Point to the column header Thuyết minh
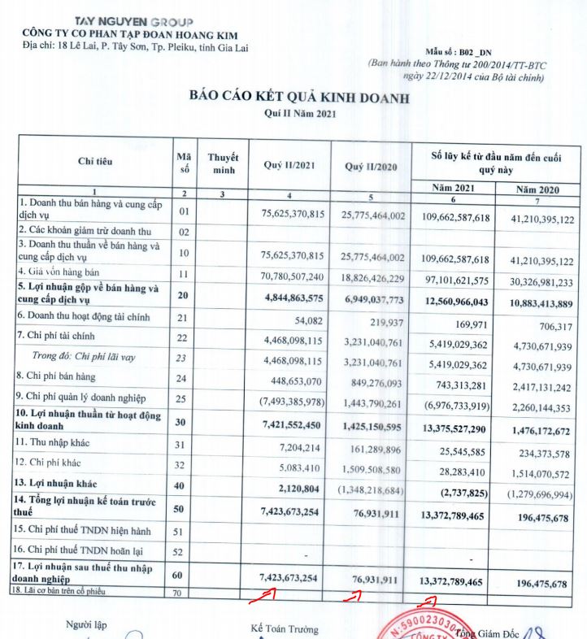[x=223, y=163]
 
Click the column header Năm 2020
[x=539, y=189]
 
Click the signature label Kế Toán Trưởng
[x=285, y=629]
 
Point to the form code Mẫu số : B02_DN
[x=459, y=50]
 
